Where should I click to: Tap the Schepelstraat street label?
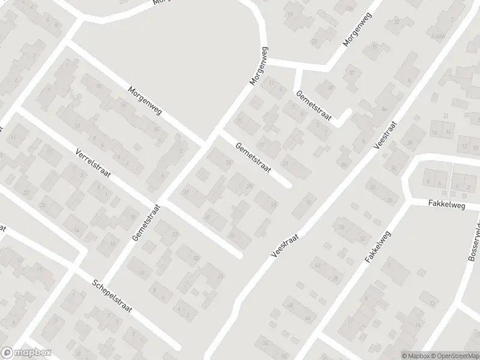[x=112, y=299]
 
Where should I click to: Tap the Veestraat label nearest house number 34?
[x=285, y=245]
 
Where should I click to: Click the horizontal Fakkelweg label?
[x=446, y=204]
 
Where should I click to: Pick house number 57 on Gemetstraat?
[x=175, y=233]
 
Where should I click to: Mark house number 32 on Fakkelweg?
[x=363, y=238]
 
